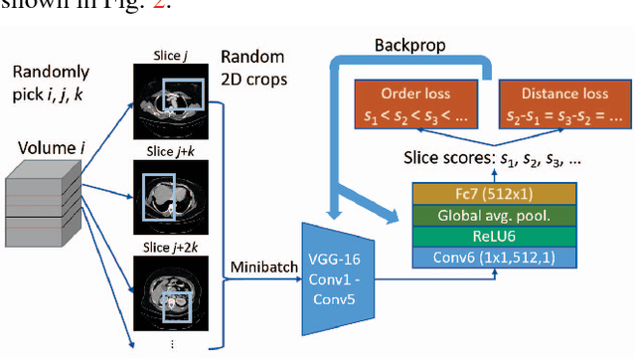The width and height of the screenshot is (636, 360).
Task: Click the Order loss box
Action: (x=415, y=102)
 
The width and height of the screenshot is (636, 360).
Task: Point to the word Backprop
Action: (x=408, y=47)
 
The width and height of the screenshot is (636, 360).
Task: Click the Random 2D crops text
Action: (x=255, y=67)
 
